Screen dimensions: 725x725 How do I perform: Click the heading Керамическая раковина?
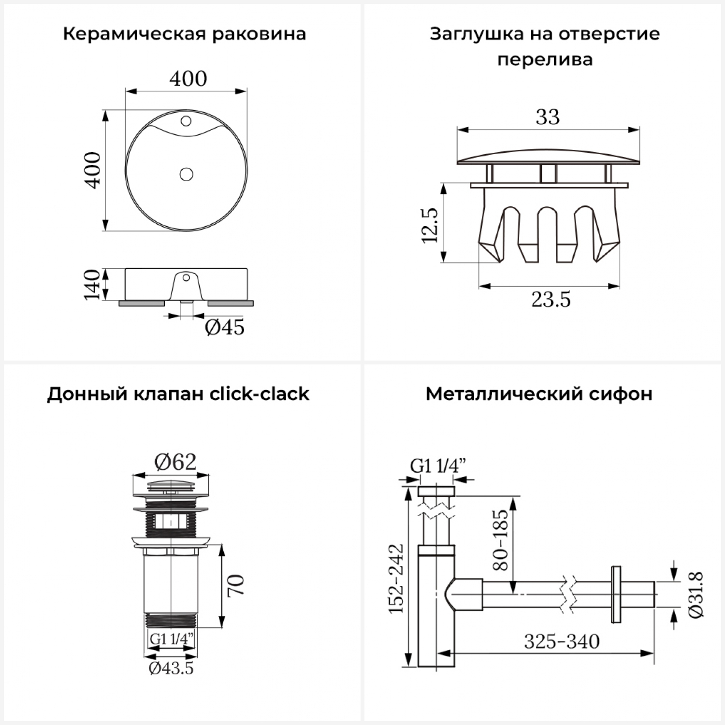pyautogui.click(x=184, y=34)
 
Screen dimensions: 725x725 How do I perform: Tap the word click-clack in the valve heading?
pyautogui.click(x=259, y=394)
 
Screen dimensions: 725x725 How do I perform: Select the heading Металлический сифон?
pyautogui.click(x=539, y=394)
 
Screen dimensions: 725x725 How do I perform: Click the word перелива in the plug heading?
pyautogui.click(x=545, y=60)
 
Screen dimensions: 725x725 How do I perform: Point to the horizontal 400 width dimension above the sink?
pyautogui.click(x=188, y=78)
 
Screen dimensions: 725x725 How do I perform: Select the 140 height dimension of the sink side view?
pyautogui.click(x=92, y=285)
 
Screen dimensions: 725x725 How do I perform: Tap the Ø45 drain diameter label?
pyautogui.click(x=225, y=328)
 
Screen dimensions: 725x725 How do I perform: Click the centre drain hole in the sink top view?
pyautogui.click(x=186, y=174)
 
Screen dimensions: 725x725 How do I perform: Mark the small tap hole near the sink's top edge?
pyautogui.click(x=186, y=121)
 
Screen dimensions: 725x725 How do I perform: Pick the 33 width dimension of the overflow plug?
pyautogui.click(x=548, y=117)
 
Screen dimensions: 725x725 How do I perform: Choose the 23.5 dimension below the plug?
pyautogui.click(x=551, y=300)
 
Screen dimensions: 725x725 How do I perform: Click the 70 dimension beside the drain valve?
pyautogui.click(x=236, y=585)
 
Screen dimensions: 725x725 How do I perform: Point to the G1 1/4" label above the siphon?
pyautogui.click(x=438, y=466)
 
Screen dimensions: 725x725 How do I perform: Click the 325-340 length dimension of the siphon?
pyautogui.click(x=562, y=642)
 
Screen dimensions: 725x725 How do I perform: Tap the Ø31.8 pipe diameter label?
pyautogui.click(x=696, y=594)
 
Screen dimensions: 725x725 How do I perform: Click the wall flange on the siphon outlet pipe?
pyautogui.click(x=616, y=594)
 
